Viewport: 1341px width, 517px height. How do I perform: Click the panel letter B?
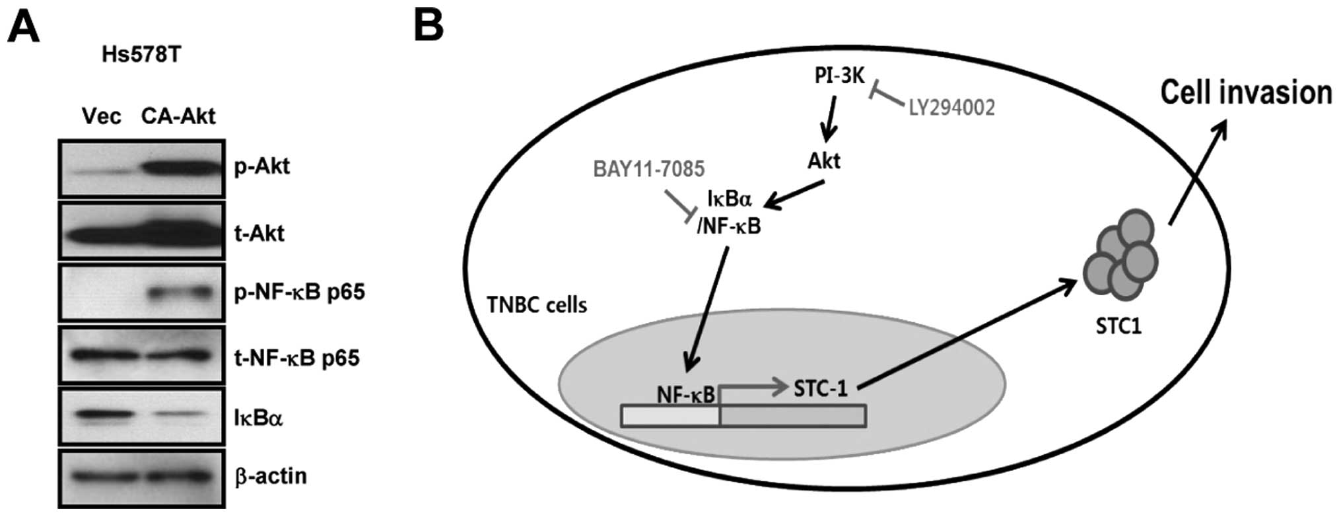point(429,26)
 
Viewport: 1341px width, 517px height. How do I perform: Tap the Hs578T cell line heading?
point(141,55)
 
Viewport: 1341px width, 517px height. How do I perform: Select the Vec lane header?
point(102,116)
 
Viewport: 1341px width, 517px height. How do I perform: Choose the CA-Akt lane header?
point(178,116)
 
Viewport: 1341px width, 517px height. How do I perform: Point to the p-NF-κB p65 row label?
point(299,292)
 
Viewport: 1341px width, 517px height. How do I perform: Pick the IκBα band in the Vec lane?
point(100,416)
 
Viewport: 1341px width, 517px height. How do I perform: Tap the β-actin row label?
point(271,476)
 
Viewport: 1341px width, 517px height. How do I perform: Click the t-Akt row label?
point(259,233)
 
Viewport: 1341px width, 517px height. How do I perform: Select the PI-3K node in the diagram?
point(839,77)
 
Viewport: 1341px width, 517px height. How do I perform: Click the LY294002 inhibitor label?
point(951,108)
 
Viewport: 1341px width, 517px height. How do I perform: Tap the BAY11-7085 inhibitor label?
point(649,169)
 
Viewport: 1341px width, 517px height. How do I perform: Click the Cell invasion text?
point(1246,93)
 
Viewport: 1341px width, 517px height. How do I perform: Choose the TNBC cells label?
point(536,305)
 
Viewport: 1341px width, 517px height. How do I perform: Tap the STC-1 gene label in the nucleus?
point(820,388)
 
